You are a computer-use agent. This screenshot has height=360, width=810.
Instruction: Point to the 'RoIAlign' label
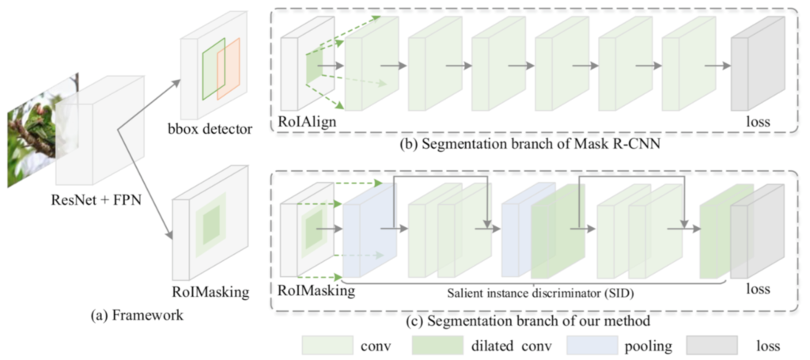tap(305, 122)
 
